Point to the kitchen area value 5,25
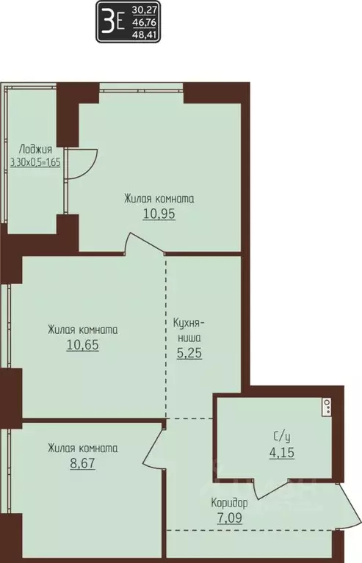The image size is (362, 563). pyautogui.click(x=189, y=352)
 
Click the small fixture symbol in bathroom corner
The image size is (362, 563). pyautogui.click(x=326, y=406)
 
